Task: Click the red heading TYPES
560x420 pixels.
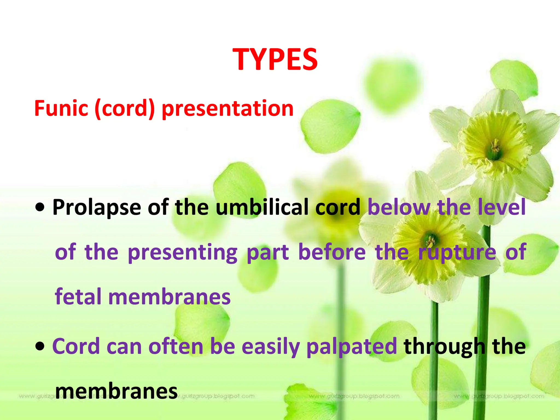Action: tap(275, 60)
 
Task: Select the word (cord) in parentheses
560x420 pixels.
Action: tap(125, 109)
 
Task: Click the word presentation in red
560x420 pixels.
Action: tap(227, 109)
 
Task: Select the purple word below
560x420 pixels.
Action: tap(399, 207)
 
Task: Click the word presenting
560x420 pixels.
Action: tap(183, 252)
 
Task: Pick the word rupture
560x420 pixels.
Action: tap(457, 252)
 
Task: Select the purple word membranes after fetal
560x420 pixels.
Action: tap(170, 297)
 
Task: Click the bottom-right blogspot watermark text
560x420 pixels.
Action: tap(499, 396)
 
